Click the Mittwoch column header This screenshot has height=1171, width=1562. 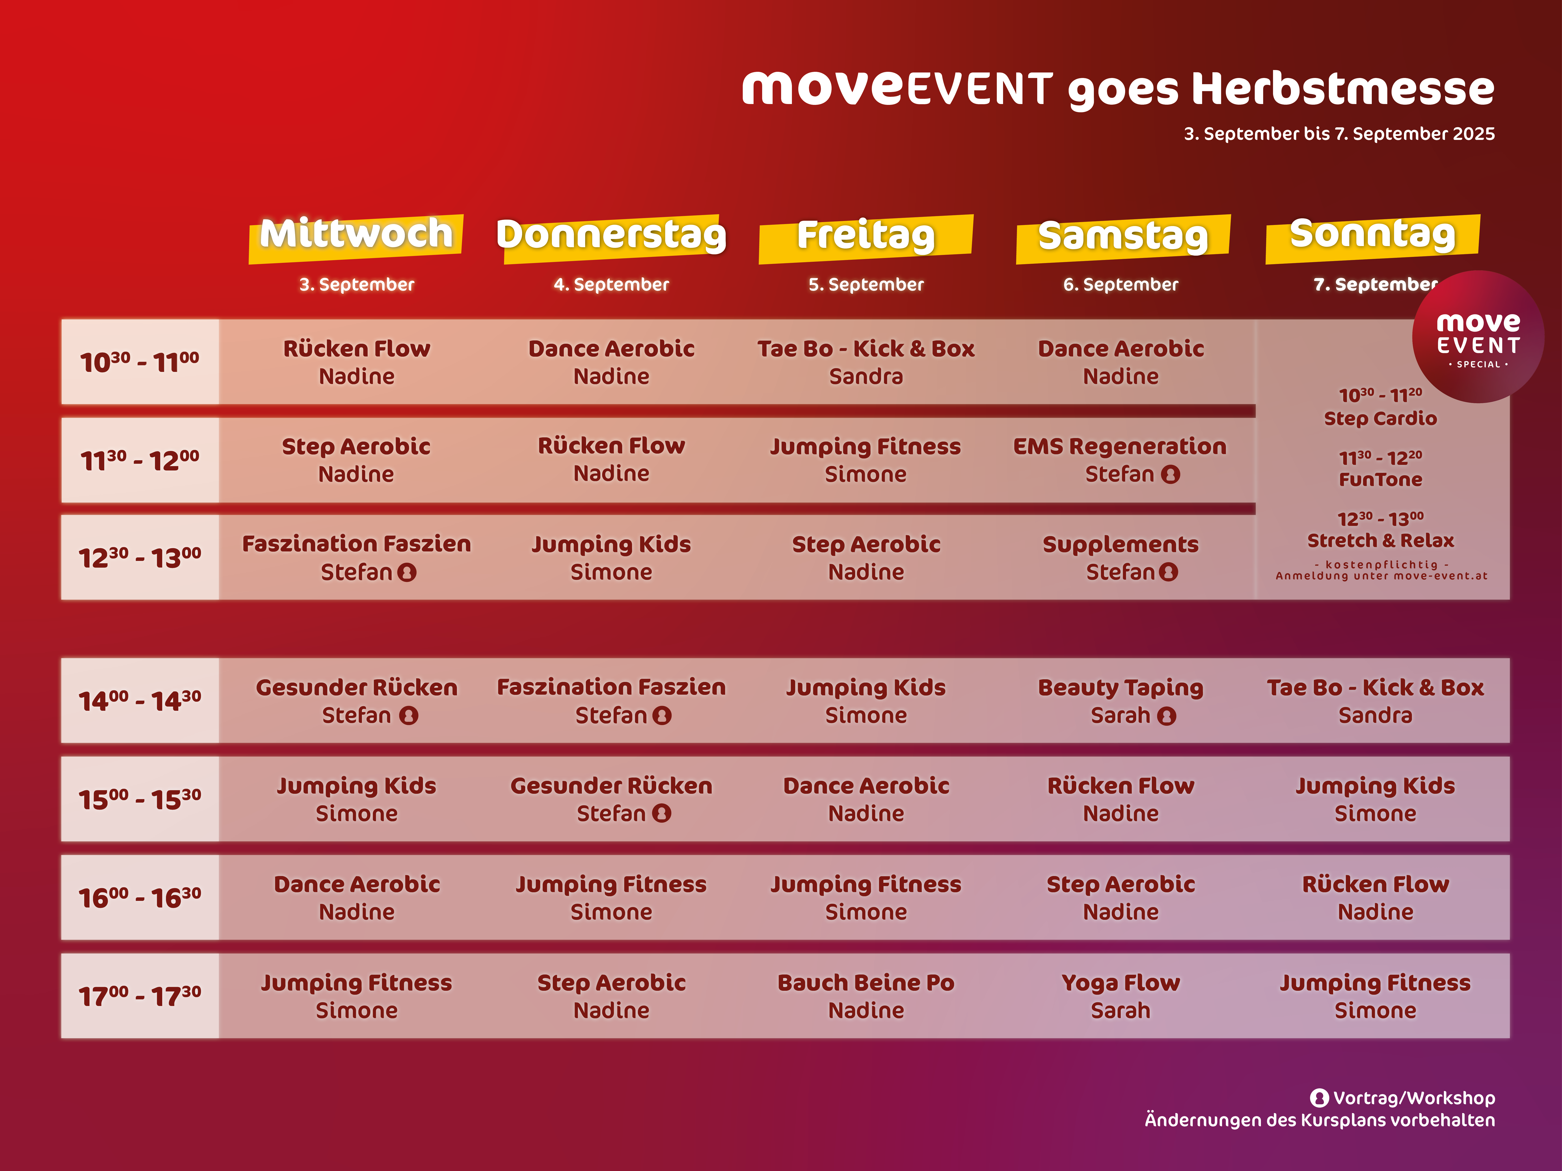pyautogui.click(x=356, y=234)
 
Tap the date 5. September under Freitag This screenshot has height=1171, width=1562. pyautogui.click(x=866, y=284)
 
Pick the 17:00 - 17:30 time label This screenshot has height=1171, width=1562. pyautogui.click(x=140, y=996)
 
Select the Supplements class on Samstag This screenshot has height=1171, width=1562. pyautogui.click(x=1121, y=558)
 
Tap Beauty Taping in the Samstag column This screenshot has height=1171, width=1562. pyautogui.click(x=1121, y=701)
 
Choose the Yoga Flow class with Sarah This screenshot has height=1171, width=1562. pyautogui.click(x=1121, y=996)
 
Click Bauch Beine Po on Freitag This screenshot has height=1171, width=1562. pyautogui.click(x=866, y=996)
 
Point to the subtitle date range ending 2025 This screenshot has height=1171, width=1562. pyautogui.click(x=1339, y=134)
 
